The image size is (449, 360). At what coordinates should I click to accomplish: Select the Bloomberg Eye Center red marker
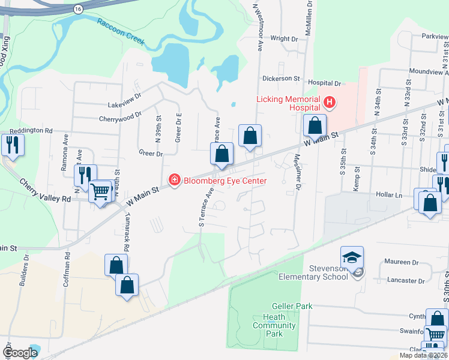[x=174, y=180]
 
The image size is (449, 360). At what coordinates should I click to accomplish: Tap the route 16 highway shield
[x=77, y=9]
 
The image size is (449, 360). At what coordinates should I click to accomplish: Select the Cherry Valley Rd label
[x=45, y=190]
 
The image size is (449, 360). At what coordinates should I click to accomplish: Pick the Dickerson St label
[x=281, y=79]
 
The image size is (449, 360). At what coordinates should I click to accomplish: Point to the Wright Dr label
[x=284, y=38]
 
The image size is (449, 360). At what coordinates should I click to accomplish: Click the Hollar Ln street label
[x=390, y=194]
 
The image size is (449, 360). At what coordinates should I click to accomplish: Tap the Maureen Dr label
[x=402, y=262]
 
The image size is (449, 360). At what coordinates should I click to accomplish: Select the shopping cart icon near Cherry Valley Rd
[x=100, y=192]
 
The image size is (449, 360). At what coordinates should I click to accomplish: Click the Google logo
[x=20, y=353]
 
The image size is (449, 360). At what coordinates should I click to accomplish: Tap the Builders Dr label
[x=26, y=271]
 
